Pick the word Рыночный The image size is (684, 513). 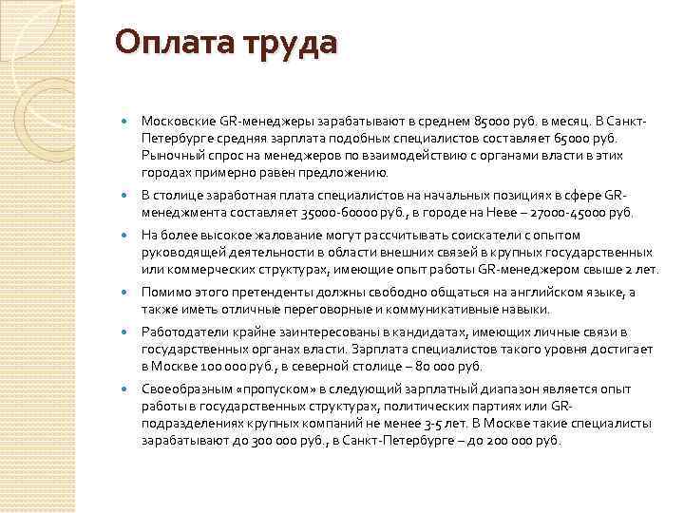pos(169,155)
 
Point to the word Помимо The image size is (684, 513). pos(164,292)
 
